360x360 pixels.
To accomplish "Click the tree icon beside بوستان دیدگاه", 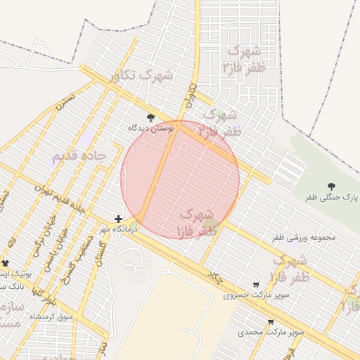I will (150, 117).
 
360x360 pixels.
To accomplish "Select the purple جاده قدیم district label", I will (78, 155).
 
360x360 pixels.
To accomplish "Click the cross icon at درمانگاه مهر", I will (118, 219).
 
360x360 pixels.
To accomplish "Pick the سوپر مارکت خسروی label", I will (247, 295).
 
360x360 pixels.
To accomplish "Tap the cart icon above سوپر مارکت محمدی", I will (271, 321).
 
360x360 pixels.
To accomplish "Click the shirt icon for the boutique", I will (6, 263).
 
